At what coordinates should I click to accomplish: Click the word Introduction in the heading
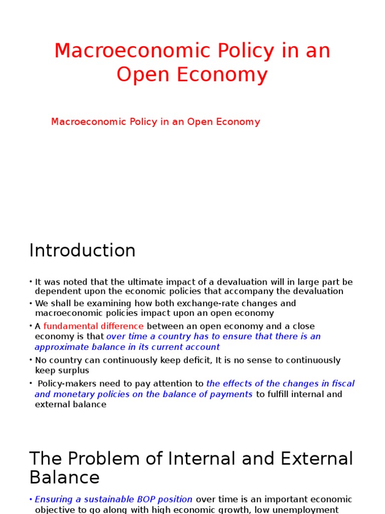(82, 250)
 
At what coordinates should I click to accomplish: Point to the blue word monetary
(70, 395)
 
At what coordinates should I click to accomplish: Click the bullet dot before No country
(31, 360)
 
